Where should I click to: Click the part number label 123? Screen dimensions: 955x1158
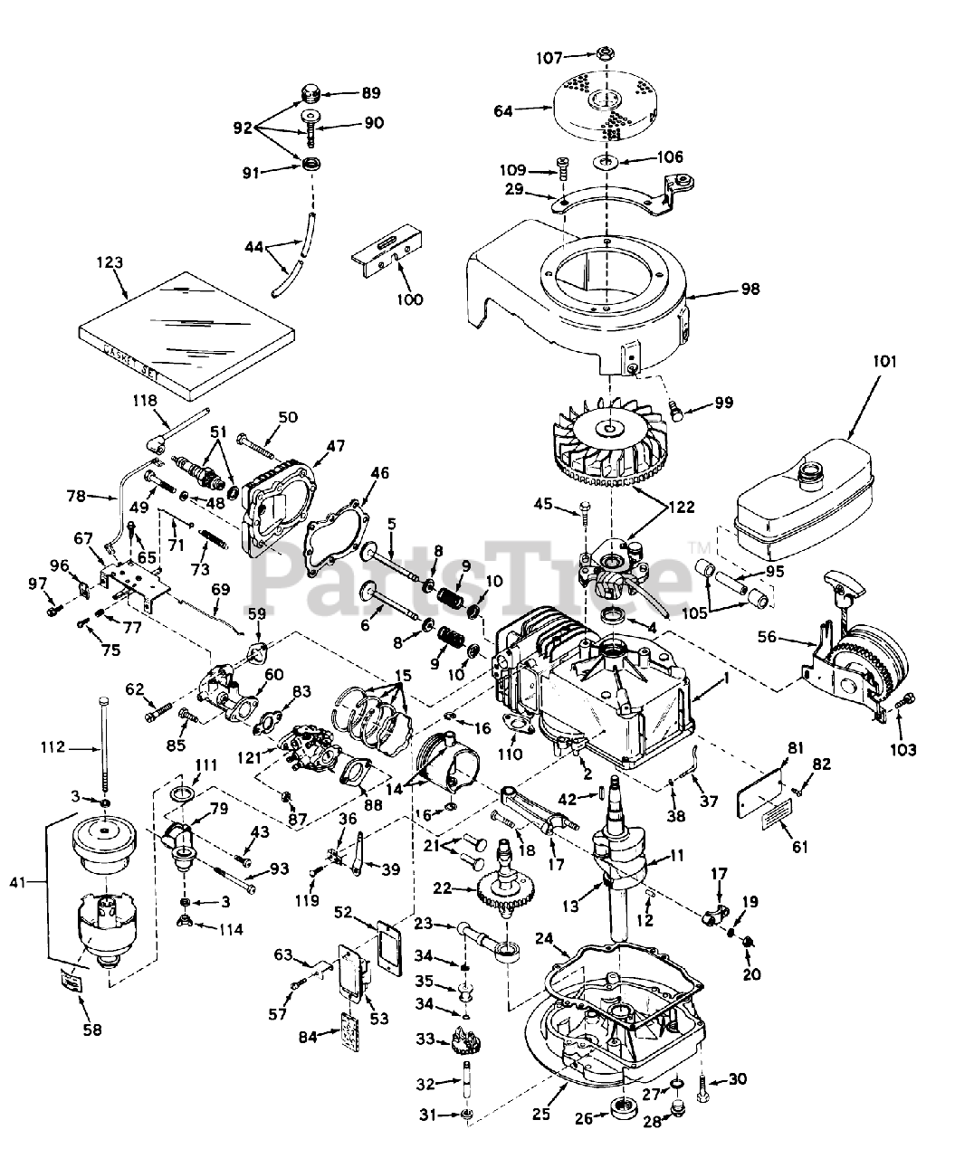click(x=110, y=262)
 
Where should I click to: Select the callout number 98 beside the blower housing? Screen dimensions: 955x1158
click(x=750, y=289)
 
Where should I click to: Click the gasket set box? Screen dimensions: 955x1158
click(x=186, y=336)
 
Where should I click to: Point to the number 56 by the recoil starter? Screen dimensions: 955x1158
click(x=767, y=637)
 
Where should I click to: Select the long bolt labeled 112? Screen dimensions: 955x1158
click(x=104, y=745)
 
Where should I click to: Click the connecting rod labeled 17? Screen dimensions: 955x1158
click(x=540, y=811)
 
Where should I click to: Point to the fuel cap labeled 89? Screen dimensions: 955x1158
click(x=310, y=94)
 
